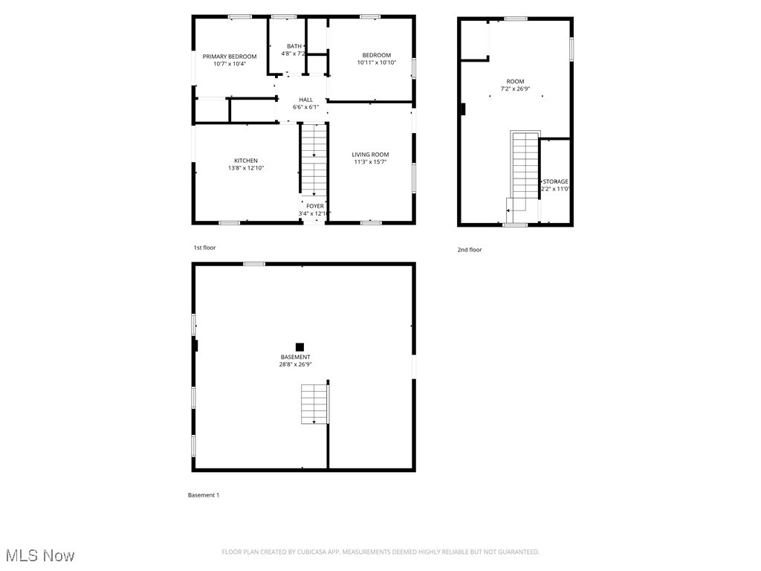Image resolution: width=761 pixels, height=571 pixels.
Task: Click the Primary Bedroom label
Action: (230, 57)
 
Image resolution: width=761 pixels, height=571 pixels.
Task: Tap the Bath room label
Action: (294, 46)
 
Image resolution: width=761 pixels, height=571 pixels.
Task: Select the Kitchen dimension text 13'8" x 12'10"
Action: (246, 168)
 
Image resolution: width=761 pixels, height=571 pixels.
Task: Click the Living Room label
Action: (370, 155)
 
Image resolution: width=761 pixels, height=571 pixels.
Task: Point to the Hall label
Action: (305, 100)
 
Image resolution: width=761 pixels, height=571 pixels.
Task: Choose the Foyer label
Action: (314, 206)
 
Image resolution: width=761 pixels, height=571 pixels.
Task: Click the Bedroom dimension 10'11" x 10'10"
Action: (376, 62)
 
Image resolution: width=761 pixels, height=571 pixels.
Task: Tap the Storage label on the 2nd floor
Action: (555, 181)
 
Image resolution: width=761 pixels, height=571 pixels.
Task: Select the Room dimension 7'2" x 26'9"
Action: (515, 88)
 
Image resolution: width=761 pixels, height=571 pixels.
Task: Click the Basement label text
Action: (295, 357)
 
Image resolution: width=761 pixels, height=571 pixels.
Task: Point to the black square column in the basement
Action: (299, 346)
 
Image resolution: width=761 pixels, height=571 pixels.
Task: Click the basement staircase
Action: (314, 404)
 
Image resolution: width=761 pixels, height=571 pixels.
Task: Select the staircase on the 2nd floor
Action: (525, 167)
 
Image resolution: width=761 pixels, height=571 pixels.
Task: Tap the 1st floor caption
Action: (204, 248)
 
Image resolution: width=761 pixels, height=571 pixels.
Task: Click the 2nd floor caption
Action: (469, 250)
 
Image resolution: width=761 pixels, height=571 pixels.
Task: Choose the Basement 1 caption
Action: (203, 495)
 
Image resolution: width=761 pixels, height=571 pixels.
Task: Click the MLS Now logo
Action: (40, 555)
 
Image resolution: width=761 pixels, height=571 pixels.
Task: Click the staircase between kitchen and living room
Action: (313, 160)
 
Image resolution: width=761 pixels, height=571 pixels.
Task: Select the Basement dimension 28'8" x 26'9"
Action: (295, 364)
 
